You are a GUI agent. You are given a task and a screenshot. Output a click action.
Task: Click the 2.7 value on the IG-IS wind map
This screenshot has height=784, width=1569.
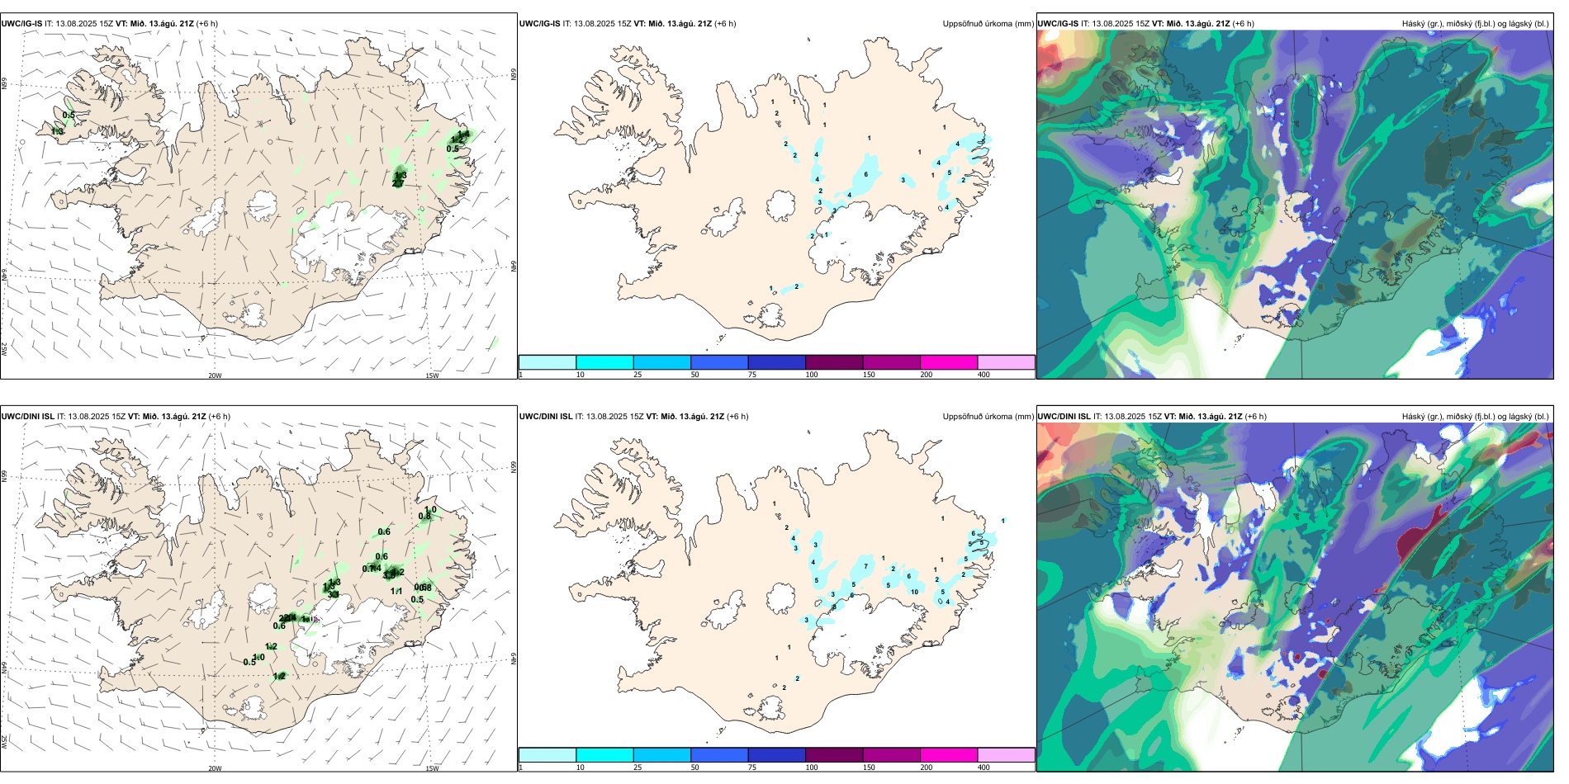tap(397, 183)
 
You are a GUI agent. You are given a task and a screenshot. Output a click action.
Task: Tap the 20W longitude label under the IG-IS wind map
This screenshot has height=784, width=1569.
tap(215, 375)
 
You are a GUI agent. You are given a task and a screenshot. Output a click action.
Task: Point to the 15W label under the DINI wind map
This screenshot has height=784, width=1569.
tap(432, 768)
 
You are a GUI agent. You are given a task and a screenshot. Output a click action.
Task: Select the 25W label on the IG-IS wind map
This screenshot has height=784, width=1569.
tap(4, 349)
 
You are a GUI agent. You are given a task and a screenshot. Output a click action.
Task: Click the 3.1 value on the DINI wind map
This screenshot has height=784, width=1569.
tap(389, 574)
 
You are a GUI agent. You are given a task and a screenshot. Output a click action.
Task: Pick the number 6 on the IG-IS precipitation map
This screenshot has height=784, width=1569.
tap(866, 174)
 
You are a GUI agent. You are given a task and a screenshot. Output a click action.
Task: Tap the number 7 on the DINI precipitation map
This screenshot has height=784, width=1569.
tap(866, 566)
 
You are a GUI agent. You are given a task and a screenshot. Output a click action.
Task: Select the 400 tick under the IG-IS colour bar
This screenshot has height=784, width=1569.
tap(984, 375)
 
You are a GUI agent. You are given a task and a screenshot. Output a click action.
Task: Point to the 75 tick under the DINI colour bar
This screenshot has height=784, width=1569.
tap(752, 767)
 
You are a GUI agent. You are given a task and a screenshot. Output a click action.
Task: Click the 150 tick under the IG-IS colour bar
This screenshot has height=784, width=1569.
tap(869, 375)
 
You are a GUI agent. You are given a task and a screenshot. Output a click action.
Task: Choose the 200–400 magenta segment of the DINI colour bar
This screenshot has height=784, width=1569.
tap(948, 755)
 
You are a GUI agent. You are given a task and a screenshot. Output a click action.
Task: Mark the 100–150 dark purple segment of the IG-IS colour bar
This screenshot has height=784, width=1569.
tap(833, 362)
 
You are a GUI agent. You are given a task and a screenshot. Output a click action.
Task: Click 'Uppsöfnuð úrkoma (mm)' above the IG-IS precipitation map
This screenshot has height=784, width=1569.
tap(988, 24)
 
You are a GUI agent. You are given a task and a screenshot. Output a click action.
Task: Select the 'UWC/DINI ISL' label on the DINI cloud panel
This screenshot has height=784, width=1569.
tap(1064, 417)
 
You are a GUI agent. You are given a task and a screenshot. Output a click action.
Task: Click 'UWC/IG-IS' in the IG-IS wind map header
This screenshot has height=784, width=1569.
tap(21, 24)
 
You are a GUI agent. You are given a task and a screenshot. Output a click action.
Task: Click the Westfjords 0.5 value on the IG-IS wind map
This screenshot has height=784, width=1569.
tap(69, 116)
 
